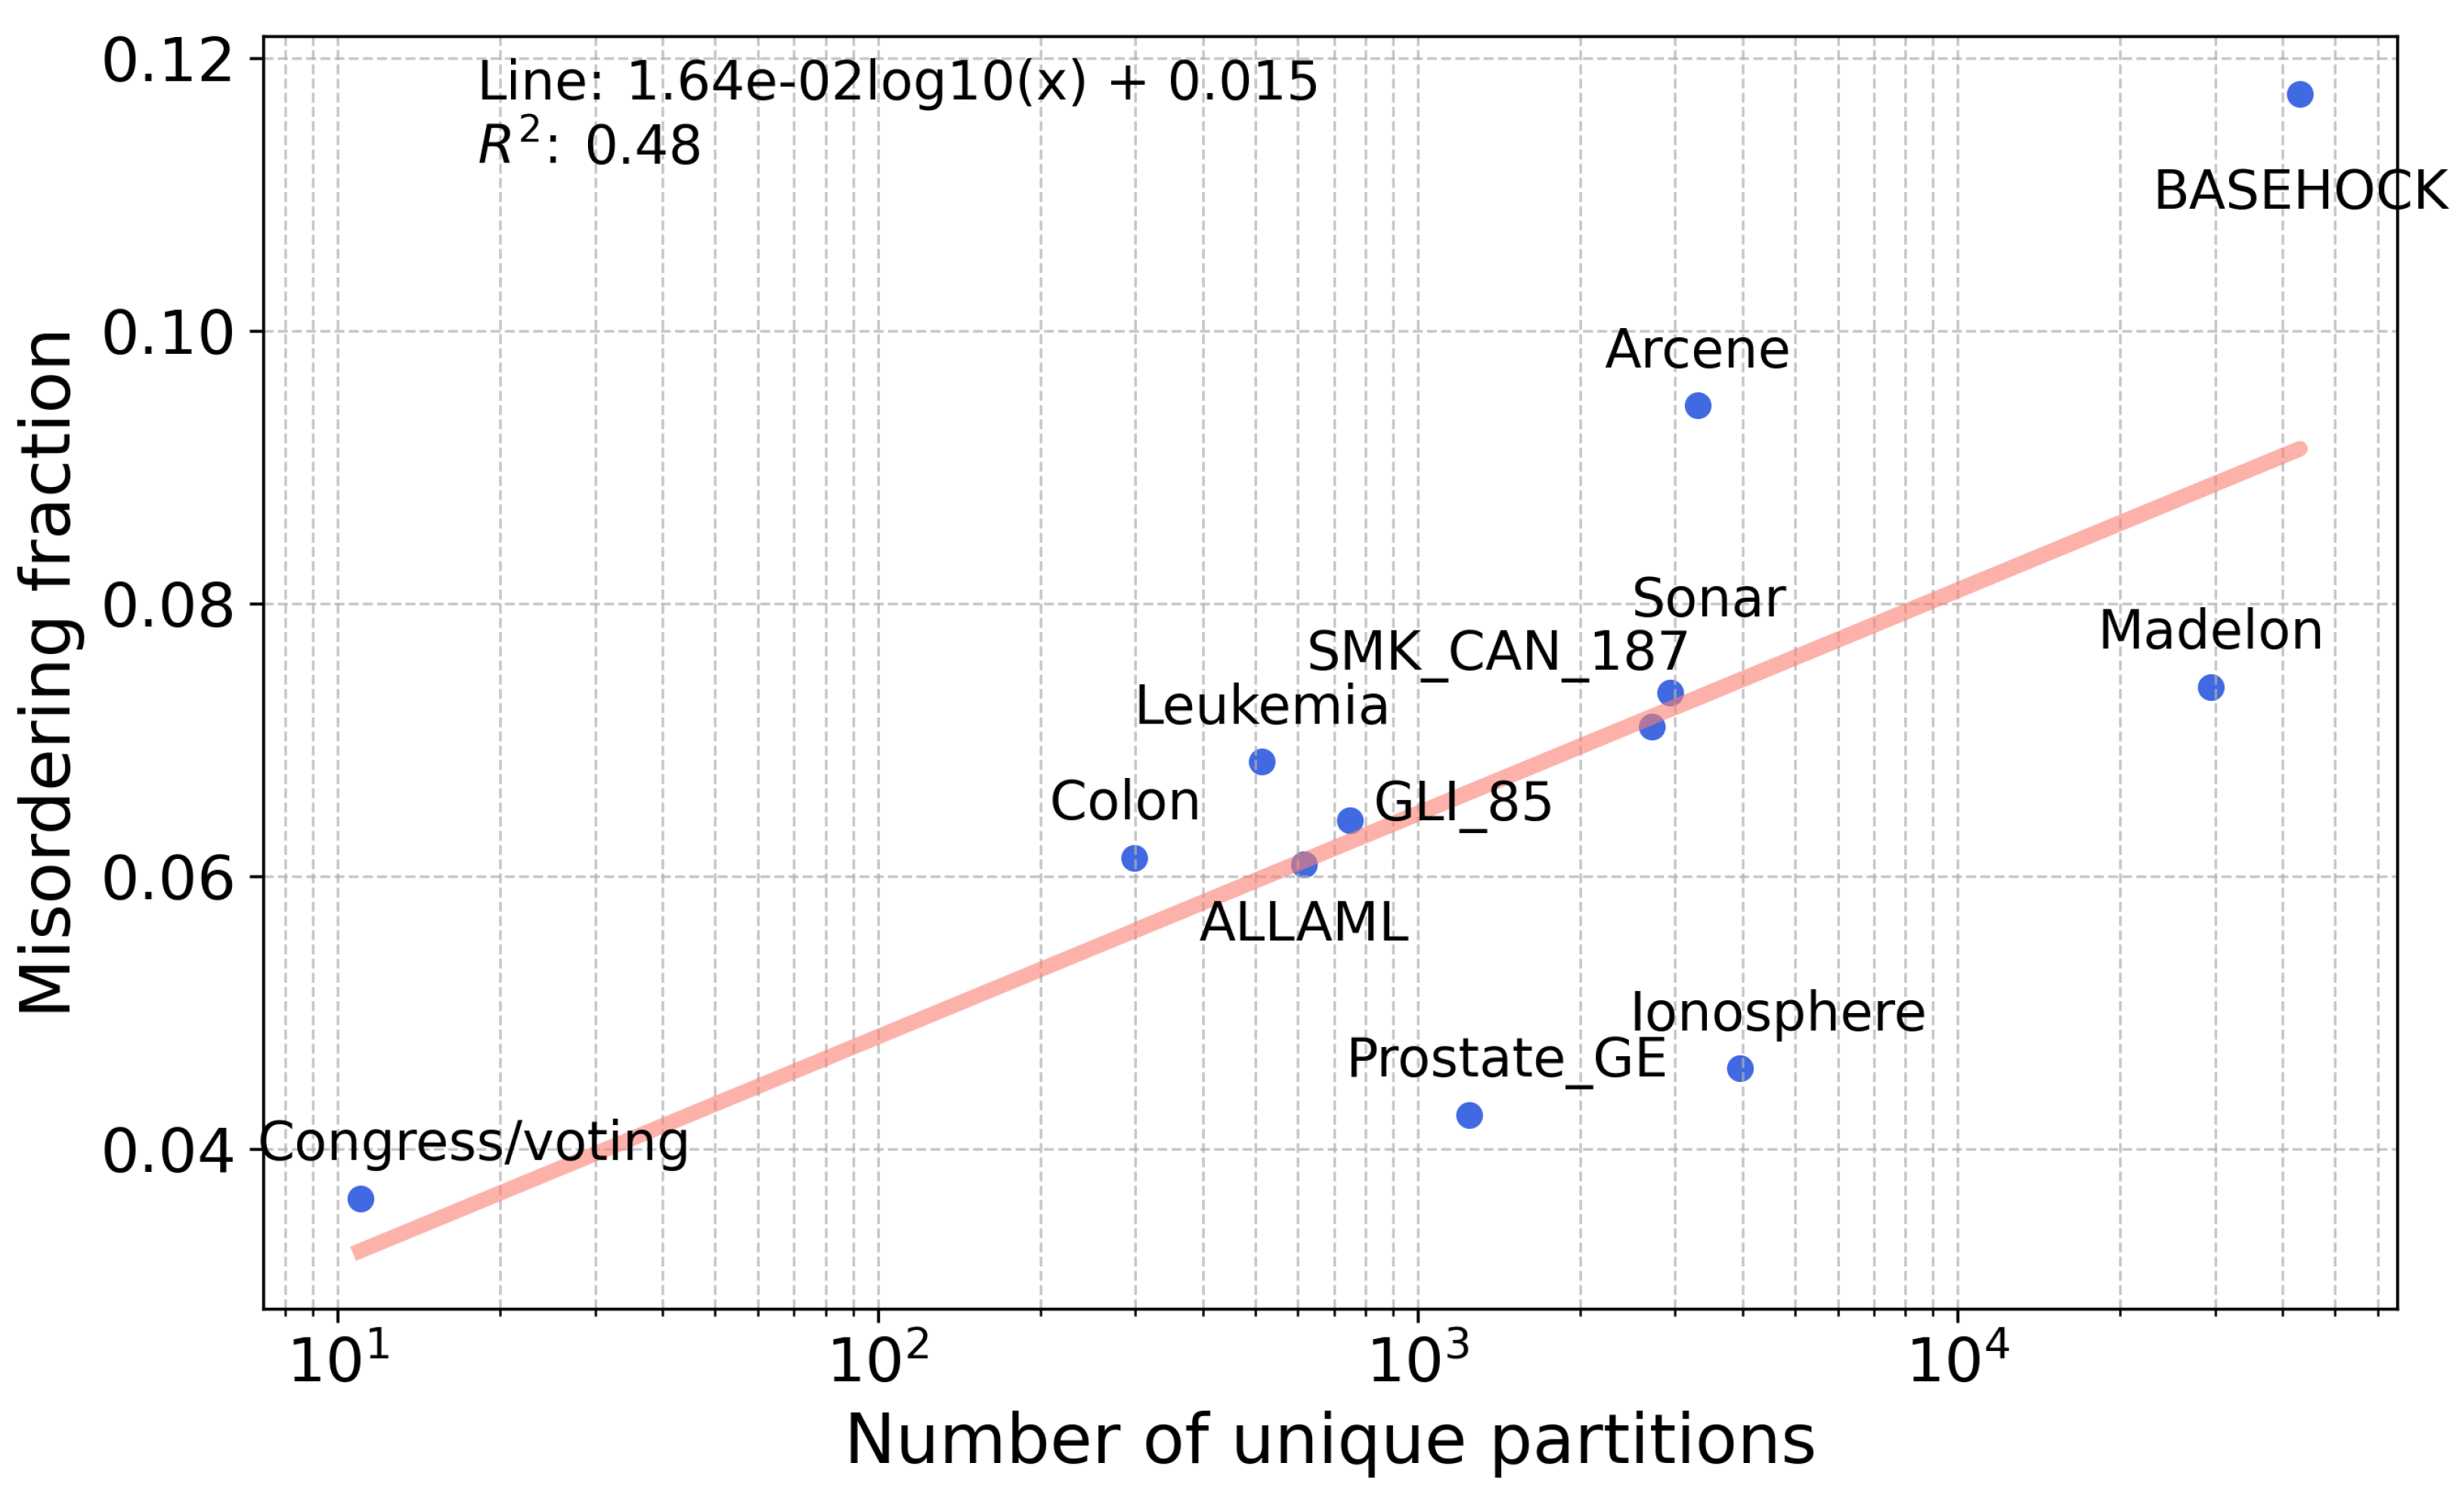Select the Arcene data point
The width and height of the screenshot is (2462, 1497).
click(1698, 406)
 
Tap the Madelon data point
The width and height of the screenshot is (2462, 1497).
click(2211, 687)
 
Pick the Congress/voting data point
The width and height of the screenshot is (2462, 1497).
click(361, 1199)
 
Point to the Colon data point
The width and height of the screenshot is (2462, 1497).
click(1134, 858)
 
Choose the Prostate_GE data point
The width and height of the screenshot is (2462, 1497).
click(1469, 1115)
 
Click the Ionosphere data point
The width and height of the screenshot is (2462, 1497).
click(1739, 1069)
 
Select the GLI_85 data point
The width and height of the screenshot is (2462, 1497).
click(1350, 820)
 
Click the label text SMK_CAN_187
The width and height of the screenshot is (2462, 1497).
click(1497, 652)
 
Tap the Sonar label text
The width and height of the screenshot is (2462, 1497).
click(1708, 599)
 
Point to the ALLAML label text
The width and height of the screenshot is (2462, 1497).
click(1303, 922)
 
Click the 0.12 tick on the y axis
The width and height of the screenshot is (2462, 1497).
click(167, 60)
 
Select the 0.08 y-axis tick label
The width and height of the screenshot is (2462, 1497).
click(167, 605)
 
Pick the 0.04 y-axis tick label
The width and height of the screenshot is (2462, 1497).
click(167, 1150)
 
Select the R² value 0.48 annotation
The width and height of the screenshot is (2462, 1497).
click(590, 144)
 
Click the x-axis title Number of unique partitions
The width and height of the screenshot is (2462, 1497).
click(1330, 1440)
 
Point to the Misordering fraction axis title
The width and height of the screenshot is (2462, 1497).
click(46, 673)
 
